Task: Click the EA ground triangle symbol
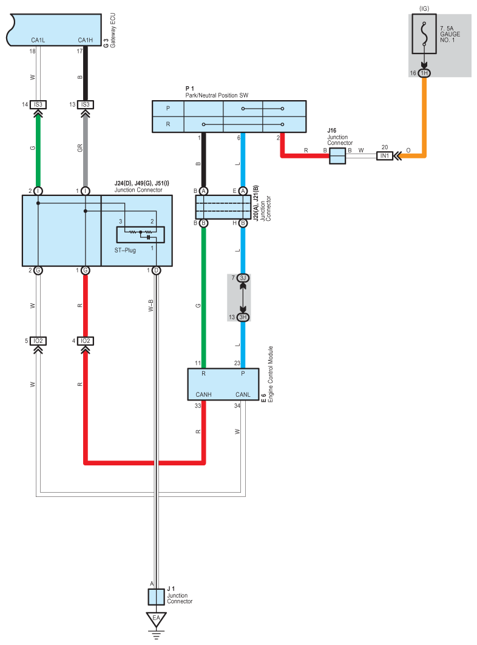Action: (156, 619)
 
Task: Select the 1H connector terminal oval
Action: (424, 73)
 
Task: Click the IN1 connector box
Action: (384, 156)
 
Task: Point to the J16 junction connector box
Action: (337, 156)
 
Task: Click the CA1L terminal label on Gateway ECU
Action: (38, 40)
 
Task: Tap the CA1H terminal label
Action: (85, 40)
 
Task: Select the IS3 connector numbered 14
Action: (38, 104)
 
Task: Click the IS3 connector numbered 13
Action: (86, 104)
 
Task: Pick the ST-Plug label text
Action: (125, 250)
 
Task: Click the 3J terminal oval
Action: (243, 278)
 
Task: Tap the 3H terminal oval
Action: (243, 317)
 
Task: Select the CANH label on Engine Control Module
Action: (203, 394)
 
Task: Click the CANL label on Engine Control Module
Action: (243, 394)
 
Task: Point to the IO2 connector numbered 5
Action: (38, 341)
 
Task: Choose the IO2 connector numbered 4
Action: (86, 341)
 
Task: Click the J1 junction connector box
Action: (156, 597)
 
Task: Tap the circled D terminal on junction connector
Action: (156, 270)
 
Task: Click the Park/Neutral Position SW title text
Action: (217, 95)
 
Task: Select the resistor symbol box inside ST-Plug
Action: (140, 234)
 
